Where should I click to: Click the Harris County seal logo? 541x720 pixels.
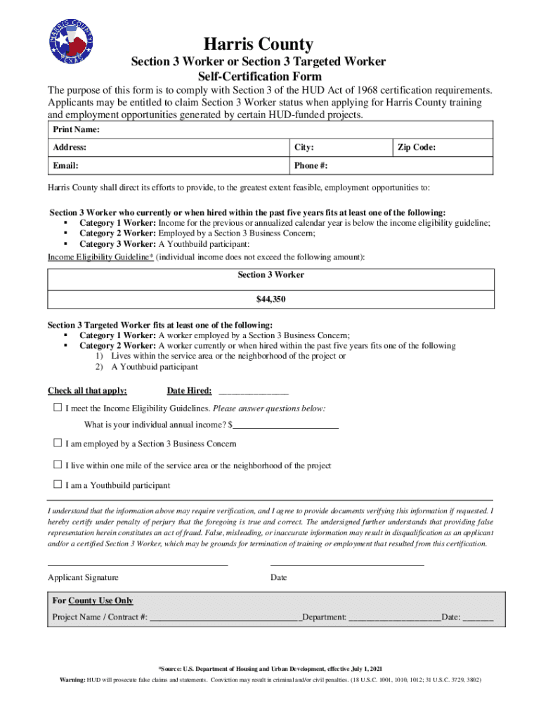click(x=71, y=39)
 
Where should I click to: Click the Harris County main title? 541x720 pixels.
click(x=259, y=44)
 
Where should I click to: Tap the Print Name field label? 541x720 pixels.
click(x=76, y=130)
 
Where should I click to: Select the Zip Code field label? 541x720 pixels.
click(x=417, y=148)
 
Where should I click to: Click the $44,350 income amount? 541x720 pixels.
click(x=270, y=299)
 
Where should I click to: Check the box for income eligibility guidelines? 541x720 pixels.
click(x=58, y=408)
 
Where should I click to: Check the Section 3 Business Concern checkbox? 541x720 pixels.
click(x=58, y=443)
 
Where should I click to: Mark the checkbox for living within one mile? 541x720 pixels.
click(x=58, y=465)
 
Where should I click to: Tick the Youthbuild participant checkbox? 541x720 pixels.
click(x=58, y=484)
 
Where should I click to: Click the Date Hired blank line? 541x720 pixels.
click(x=254, y=392)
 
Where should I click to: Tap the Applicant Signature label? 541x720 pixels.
click(x=83, y=577)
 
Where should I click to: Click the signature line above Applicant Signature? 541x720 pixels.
click(x=138, y=564)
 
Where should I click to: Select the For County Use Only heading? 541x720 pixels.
click(x=93, y=600)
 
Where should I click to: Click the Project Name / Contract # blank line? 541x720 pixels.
click(x=225, y=619)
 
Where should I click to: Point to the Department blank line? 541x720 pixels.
click(x=394, y=619)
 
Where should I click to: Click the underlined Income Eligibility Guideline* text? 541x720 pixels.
click(x=100, y=257)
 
